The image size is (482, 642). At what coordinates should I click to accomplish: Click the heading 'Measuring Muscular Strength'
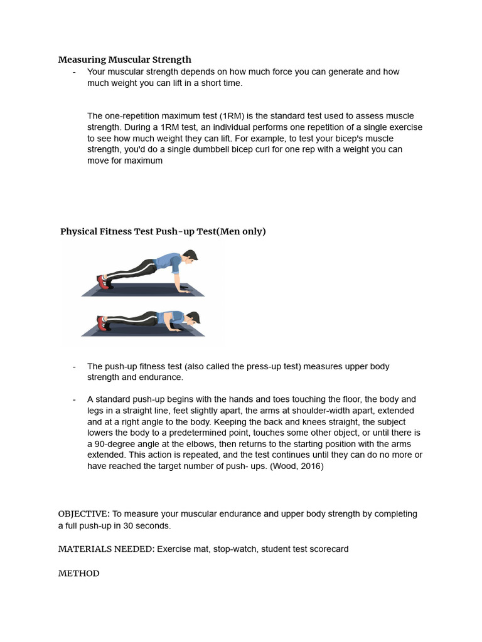pos(125,60)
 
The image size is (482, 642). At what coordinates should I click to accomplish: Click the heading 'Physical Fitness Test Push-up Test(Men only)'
pos(163,231)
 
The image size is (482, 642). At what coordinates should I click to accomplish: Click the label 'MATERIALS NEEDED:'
pos(106,549)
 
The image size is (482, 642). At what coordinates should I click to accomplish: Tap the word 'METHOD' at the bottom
pos(78,574)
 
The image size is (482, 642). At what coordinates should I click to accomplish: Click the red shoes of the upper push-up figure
pos(103,281)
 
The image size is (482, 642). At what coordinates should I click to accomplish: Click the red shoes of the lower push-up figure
pos(102,322)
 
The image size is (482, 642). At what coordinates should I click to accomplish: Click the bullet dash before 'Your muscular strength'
pos(75,72)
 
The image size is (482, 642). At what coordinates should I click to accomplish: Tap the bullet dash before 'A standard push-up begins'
pos(75,399)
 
